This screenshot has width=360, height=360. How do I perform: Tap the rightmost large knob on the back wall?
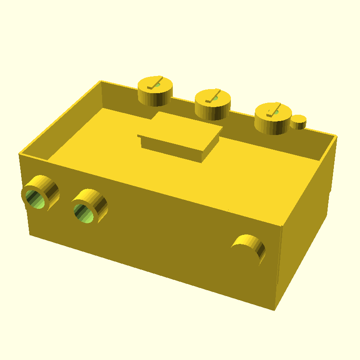coord(272,119)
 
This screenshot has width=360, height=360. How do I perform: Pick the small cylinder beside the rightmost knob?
coord(298,122)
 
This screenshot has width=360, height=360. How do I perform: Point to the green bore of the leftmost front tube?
coord(36,198)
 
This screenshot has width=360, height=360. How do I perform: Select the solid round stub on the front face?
coord(248,248)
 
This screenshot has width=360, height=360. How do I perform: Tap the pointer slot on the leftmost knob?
coord(154,83)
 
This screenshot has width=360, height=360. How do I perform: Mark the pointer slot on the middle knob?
coord(212,96)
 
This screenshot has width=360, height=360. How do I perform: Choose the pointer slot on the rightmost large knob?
coord(272,111)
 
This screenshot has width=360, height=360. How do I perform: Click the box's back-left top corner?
coord(100,81)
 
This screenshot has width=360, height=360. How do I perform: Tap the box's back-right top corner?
coord(337,135)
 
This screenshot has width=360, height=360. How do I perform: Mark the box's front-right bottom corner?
coord(274,310)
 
